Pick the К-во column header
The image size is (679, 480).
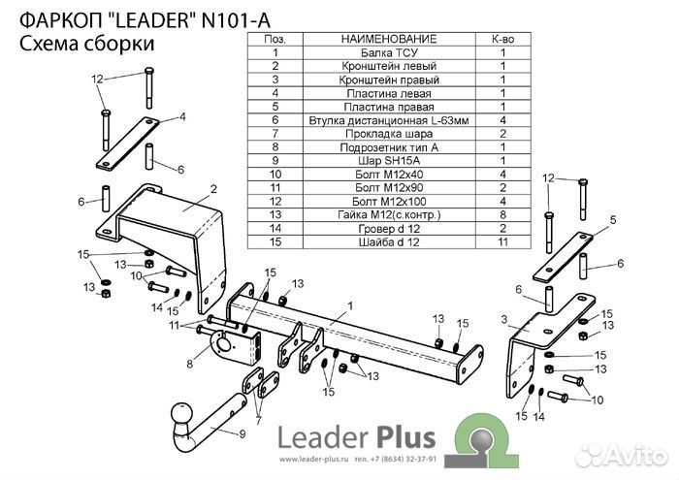click(x=503, y=39)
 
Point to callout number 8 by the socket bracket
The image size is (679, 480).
click(x=191, y=365)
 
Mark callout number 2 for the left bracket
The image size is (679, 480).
click(x=213, y=187)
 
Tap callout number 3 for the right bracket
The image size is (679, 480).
click(x=503, y=318)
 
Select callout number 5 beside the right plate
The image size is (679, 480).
click(x=612, y=222)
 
